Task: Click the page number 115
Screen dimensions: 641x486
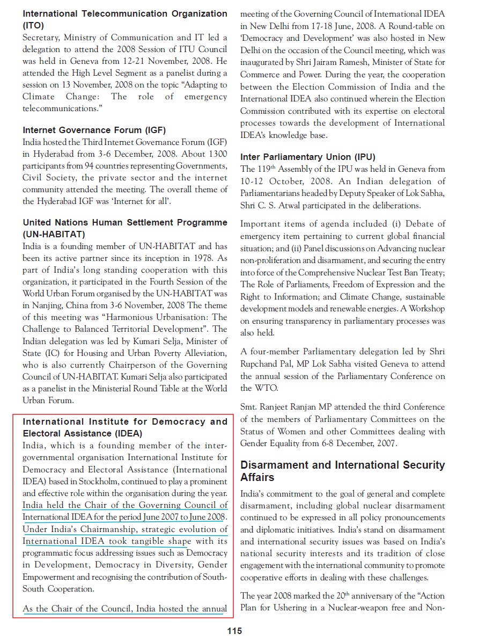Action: point(234,631)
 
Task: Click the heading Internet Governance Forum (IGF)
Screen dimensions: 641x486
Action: point(94,130)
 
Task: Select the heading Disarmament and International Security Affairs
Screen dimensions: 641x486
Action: point(342,471)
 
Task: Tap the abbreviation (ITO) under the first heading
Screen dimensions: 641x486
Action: point(33,25)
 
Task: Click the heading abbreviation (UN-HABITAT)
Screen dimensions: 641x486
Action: point(54,235)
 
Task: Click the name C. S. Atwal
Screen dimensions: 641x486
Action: point(279,205)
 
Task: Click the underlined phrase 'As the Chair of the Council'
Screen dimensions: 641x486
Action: point(78,609)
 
